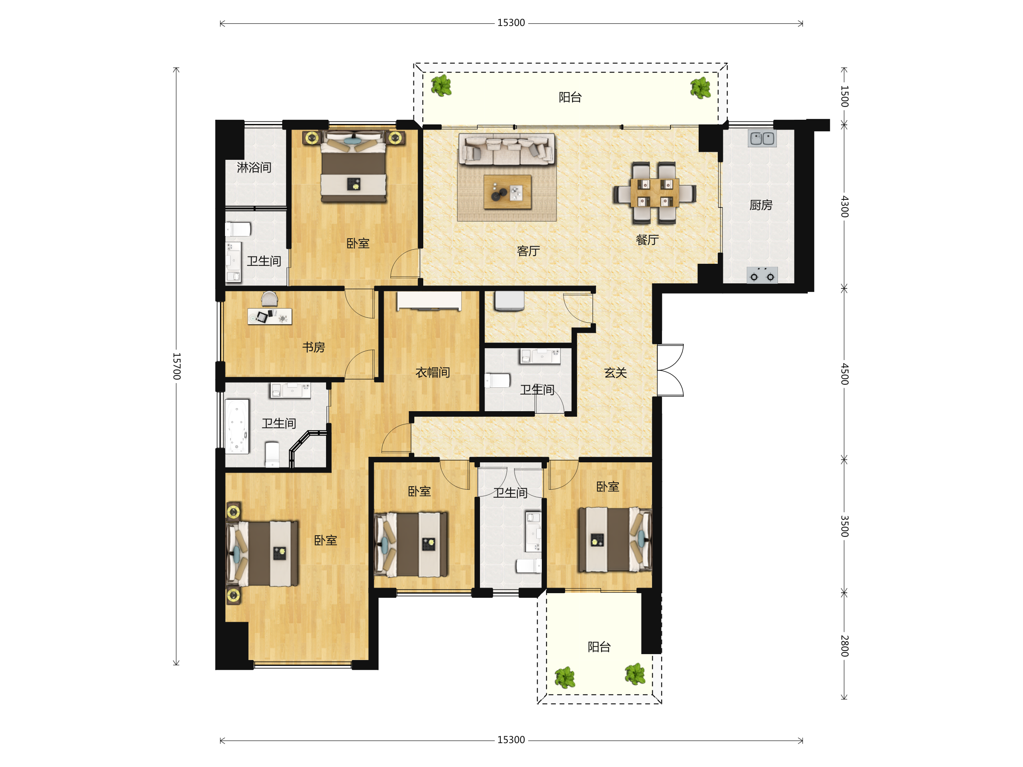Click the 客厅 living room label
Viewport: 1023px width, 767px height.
coord(528,251)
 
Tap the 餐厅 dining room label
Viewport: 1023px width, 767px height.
coord(647,240)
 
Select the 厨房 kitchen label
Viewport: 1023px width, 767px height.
coord(761,205)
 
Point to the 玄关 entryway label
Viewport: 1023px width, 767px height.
coord(615,373)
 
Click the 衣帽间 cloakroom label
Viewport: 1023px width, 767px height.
coord(432,372)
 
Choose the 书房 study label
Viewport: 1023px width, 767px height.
coord(314,347)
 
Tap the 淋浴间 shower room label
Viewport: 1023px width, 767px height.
coord(254,167)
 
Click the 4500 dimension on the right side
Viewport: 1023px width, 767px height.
coord(844,374)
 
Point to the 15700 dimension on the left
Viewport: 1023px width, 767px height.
coord(176,366)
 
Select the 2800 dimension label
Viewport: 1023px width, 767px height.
coord(844,646)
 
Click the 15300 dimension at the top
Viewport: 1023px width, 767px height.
coord(511,23)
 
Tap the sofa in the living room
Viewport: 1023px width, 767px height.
coord(507,149)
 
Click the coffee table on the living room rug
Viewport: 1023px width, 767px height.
coord(507,192)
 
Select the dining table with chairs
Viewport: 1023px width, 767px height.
coord(654,193)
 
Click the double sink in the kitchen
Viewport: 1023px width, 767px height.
coord(762,138)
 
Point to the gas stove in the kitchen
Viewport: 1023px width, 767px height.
coord(762,275)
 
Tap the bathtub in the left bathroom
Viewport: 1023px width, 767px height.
coord(237,426)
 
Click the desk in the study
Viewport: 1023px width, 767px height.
coord(270,317)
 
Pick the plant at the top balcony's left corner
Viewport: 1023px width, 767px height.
coord(441,85)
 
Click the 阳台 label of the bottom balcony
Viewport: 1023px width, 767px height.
coord(599,647)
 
